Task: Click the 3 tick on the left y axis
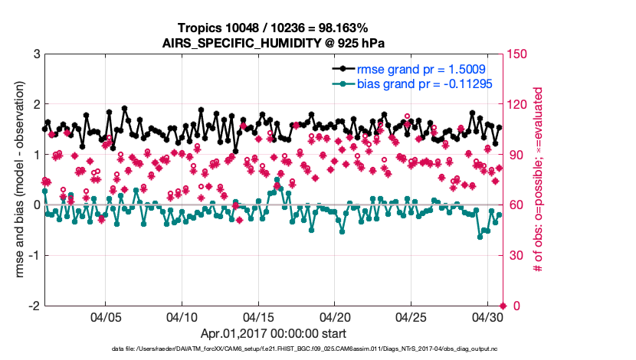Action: (36, 54)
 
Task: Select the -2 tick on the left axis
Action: (34, 306)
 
